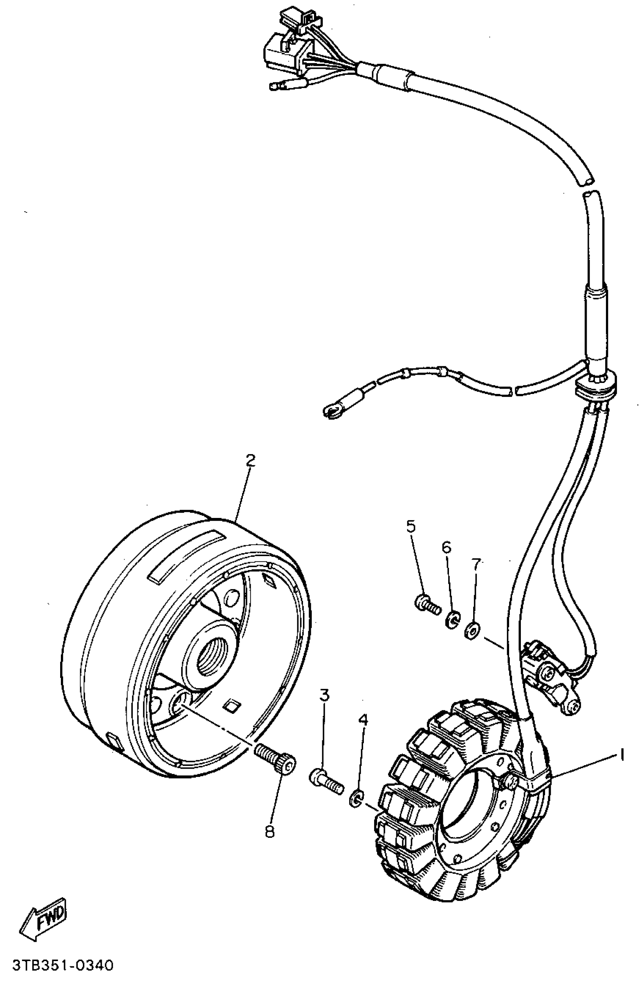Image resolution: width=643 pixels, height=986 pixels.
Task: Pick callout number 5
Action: [x=410, y=526]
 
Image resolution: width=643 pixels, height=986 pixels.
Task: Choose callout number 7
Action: [x=475, y=564]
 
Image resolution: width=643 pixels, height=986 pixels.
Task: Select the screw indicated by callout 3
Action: [x=326, y=781]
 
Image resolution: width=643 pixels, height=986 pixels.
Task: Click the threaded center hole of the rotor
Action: [x=211, y=654]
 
